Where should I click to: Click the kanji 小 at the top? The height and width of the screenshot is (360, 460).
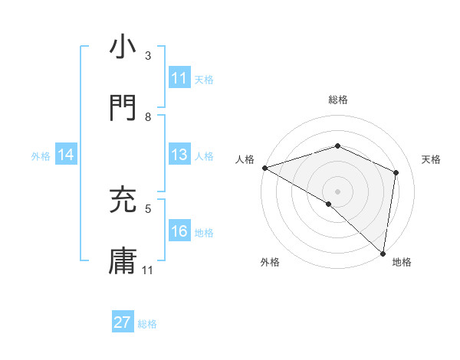tap(123, 47)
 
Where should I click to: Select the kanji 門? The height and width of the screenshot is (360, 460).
tap(123, 107)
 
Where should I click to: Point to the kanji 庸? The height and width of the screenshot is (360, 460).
tap(123, 260)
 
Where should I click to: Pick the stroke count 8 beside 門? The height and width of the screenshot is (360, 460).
tap(148, 117)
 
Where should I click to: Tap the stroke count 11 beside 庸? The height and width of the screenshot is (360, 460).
tap(148, 270)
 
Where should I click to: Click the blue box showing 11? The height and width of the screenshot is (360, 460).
tap(179, 78)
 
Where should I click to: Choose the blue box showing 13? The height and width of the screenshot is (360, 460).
tap(179, 155)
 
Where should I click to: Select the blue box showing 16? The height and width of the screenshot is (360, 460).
tap(179, 231)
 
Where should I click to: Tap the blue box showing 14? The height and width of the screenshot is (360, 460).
tap(66, 155)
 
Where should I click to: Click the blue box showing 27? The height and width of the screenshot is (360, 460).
tap(123, 322)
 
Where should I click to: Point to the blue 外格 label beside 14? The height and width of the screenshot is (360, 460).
tap(41, 156)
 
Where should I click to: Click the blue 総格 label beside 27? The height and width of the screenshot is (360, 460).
tap(147, 324)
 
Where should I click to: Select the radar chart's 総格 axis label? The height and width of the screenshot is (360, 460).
tap(338, 100)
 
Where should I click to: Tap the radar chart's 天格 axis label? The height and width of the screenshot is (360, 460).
tap(432, 159)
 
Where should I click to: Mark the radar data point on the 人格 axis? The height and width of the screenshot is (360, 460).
tap(264, 168)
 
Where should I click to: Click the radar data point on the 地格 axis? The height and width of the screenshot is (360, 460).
tap(383, 252)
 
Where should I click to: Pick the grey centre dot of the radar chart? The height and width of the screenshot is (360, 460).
tap(337, 191)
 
